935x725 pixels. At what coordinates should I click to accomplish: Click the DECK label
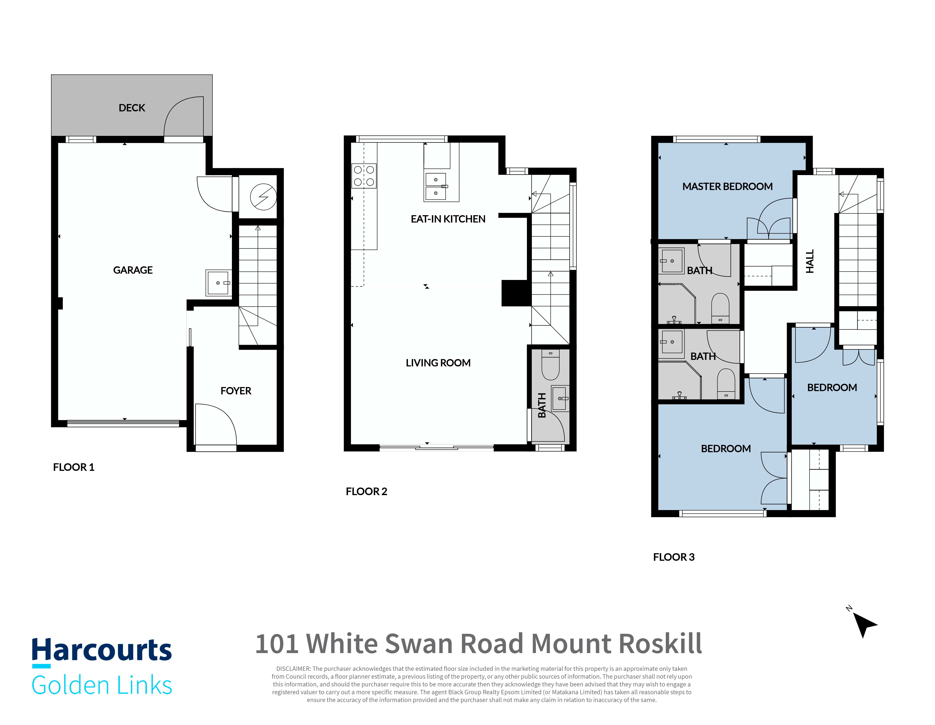[132, 108]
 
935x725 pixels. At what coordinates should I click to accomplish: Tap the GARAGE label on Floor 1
[133, 270]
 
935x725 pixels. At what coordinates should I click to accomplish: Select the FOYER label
[236, 391]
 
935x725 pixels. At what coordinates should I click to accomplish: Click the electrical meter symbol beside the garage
[263, 197]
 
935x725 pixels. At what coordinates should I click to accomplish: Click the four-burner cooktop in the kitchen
[364, 176]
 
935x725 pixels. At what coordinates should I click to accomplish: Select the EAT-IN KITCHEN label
[448, 219]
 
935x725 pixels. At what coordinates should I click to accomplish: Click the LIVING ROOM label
[438, 363]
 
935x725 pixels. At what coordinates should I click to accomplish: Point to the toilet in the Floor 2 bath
[551, 365]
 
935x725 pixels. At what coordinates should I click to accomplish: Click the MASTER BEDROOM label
[727, 187]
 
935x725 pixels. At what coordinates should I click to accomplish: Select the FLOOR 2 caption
[367, 491]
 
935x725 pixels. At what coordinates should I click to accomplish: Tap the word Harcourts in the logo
[102, 650]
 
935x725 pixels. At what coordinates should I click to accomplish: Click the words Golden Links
[102, 685]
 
